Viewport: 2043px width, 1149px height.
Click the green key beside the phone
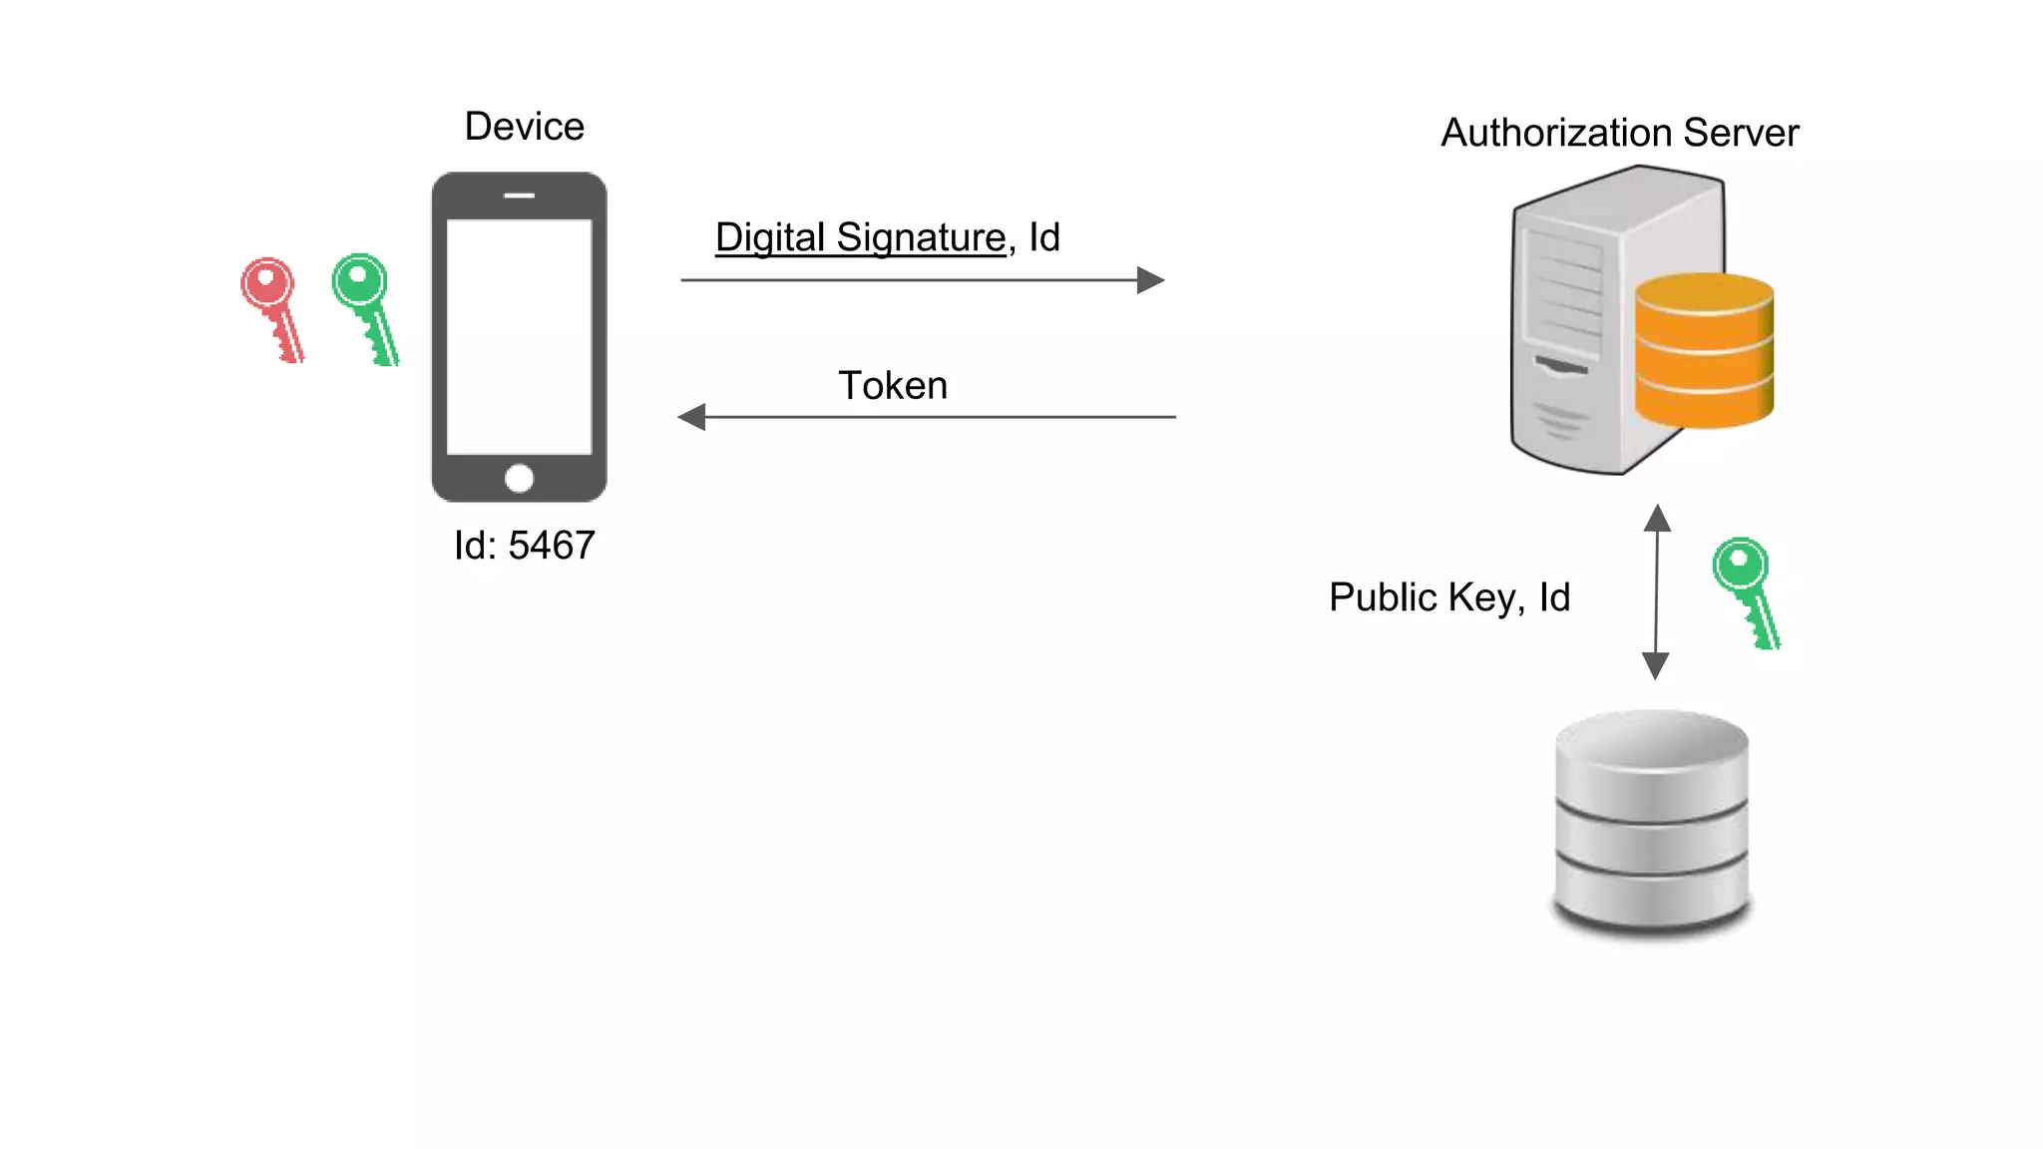(x=363, y=305)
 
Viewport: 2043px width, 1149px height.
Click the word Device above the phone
(x=524, y=127)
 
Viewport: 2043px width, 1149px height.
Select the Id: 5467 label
(x=524, y=546)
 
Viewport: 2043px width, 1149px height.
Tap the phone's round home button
(x=519, y=479)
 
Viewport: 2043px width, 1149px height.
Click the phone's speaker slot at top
(x=519, y=195)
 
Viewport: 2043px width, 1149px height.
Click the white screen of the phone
(x=519, y=336)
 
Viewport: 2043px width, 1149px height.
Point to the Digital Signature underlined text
(x=860, y=237)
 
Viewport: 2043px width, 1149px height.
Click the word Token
(x=892, y=386)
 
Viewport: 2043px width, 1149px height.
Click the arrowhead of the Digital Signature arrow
(x=1150, y=280)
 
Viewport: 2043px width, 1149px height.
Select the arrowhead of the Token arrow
(x=692, y=417)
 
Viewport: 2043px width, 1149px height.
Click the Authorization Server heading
(x=1619, y=133)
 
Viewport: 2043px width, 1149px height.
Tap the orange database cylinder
(x=1704, y=351)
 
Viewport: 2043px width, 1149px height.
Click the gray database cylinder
(x=1652, y=822)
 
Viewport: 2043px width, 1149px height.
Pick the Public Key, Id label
(x=1448, y=597)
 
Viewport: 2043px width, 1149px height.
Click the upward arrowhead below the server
(x=1657, y=518)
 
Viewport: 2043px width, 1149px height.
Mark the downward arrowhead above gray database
(x=1655, y=666)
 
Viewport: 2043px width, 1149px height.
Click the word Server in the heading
(x=1741, y=133)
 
